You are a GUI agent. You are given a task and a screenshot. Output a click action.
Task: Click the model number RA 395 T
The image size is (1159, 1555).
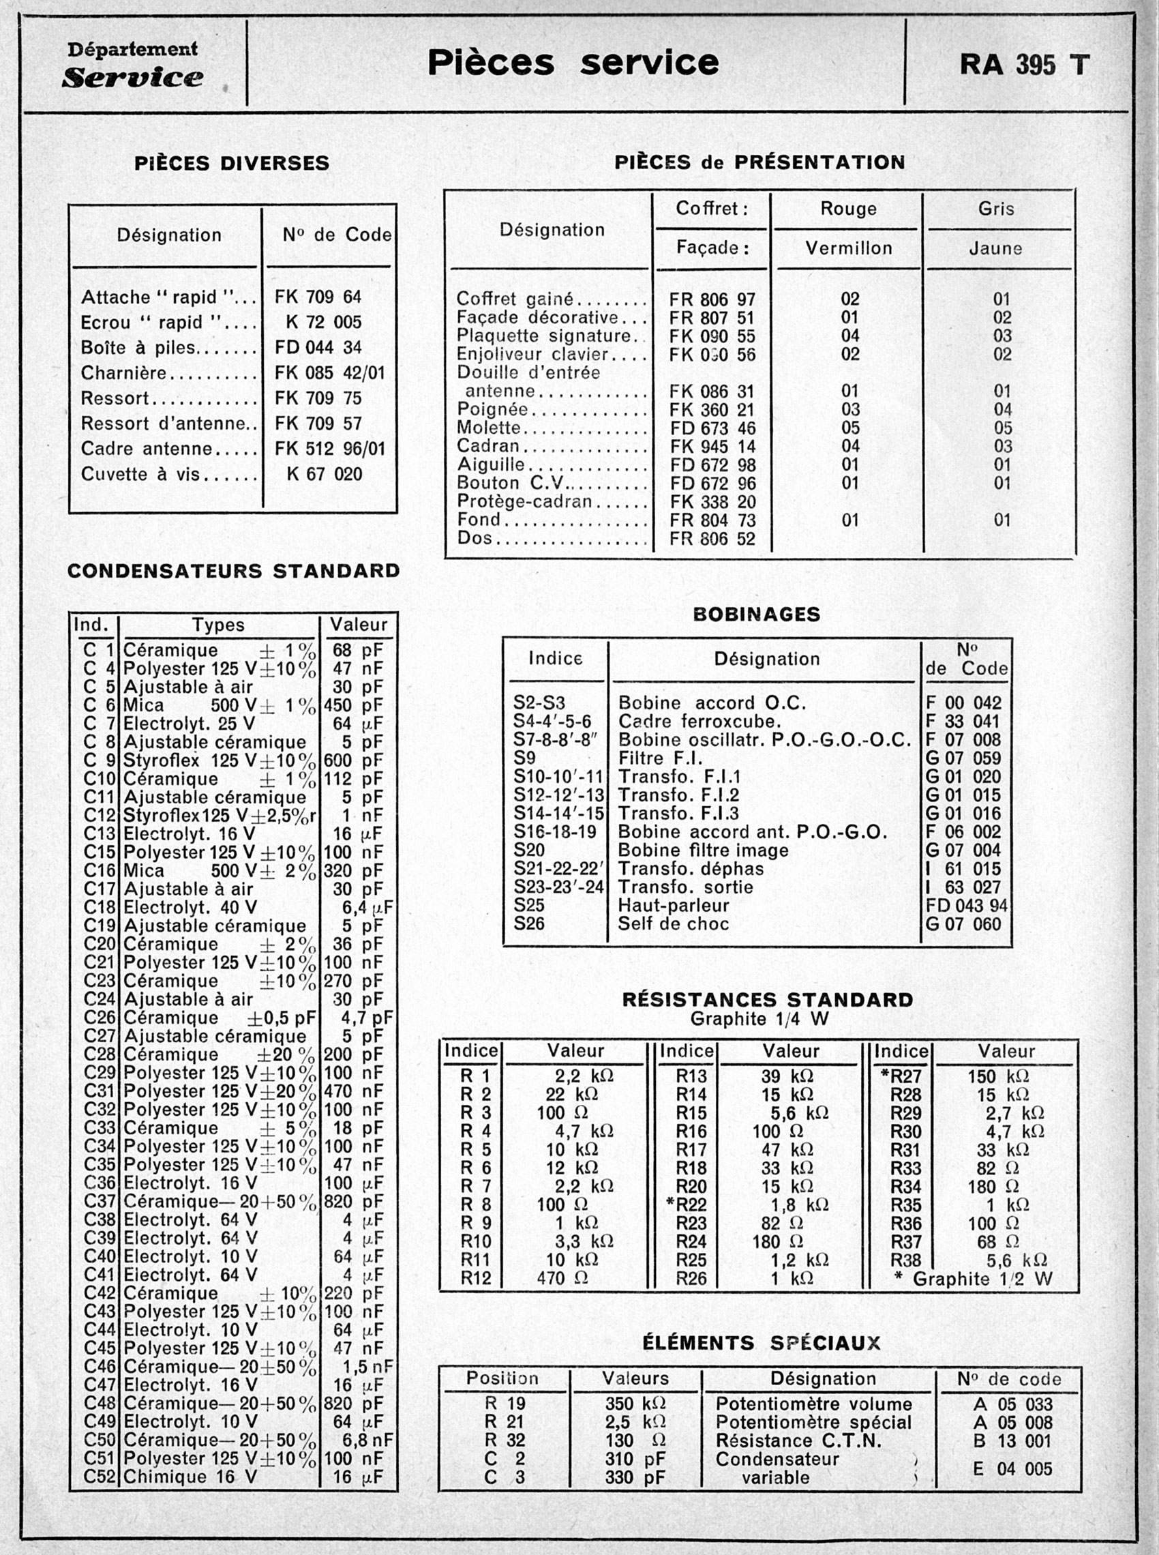click(1023, 65)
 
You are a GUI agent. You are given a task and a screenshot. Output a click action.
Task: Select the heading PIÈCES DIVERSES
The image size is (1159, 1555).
click(232, 164)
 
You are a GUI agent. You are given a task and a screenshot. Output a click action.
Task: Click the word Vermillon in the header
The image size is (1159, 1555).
click(848, 248)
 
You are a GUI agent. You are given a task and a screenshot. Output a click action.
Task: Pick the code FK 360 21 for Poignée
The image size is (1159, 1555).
click(711, 410)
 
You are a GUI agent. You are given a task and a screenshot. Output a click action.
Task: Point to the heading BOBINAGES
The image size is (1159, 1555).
click(755, 614)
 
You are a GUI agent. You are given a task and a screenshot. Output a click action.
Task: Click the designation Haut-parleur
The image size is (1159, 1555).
click(673, 905)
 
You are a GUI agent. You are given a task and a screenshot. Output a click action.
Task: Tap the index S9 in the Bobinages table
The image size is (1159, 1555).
click(524, 758)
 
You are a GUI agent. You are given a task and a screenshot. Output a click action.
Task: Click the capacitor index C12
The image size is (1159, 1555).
click(99, 816)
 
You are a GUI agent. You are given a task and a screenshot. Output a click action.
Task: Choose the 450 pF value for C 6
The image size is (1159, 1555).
click(353, 705)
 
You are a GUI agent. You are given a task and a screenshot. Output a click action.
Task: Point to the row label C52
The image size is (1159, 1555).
click(99, 1477)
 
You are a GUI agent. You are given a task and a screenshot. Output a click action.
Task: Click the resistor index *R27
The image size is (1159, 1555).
click(900, 1076)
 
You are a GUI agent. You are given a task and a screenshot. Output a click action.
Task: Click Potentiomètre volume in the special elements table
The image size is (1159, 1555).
click(813, 1404)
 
